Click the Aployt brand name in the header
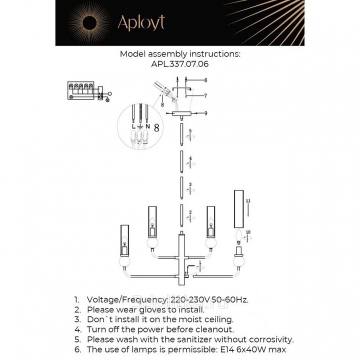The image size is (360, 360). point(140,22)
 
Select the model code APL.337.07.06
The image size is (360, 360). point(179,64)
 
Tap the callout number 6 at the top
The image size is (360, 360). point(205,80)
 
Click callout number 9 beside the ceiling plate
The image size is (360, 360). point(205,113)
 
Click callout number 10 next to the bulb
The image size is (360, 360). point(248,232)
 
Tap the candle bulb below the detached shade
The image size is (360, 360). point(238,234)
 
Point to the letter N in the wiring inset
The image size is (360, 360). point(147,126)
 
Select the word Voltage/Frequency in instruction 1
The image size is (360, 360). point(127,299)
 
